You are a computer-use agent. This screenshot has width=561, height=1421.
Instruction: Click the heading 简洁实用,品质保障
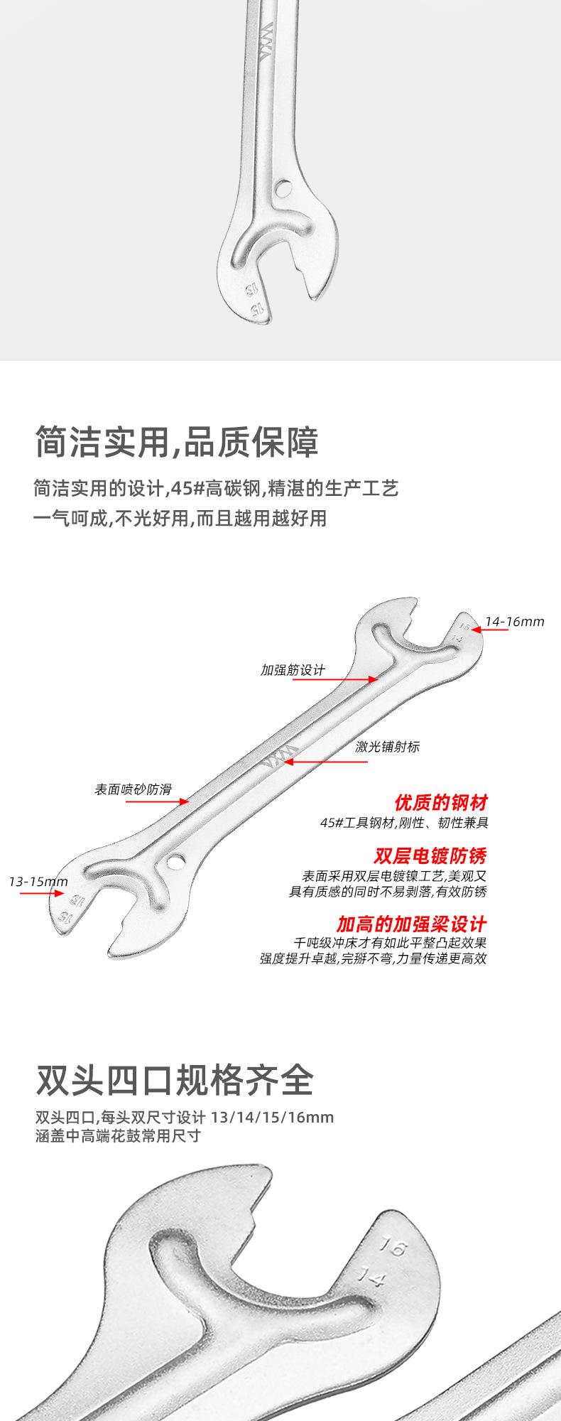click(x=177, y=441)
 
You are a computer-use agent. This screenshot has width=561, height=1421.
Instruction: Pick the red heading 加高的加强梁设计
click(x=412, y=924)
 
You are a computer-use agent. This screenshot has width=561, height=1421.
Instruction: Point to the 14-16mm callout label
click(x=515, y=622)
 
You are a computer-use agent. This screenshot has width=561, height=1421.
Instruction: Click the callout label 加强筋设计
click(x=293, y=669)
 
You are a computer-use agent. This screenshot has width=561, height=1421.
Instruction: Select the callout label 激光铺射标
click(x=388, y=747)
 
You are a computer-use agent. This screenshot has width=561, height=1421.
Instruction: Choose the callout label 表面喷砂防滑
click(x=133, y=789)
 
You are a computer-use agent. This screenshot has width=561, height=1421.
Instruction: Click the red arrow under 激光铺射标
click(x=327, y=762)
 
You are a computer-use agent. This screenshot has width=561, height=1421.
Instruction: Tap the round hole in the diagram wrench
click(x=173, y=863)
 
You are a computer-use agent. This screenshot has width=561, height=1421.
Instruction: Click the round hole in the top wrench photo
click(x=284, y=188)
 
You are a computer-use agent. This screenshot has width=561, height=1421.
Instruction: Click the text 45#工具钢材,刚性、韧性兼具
click(x=404, y=823)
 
